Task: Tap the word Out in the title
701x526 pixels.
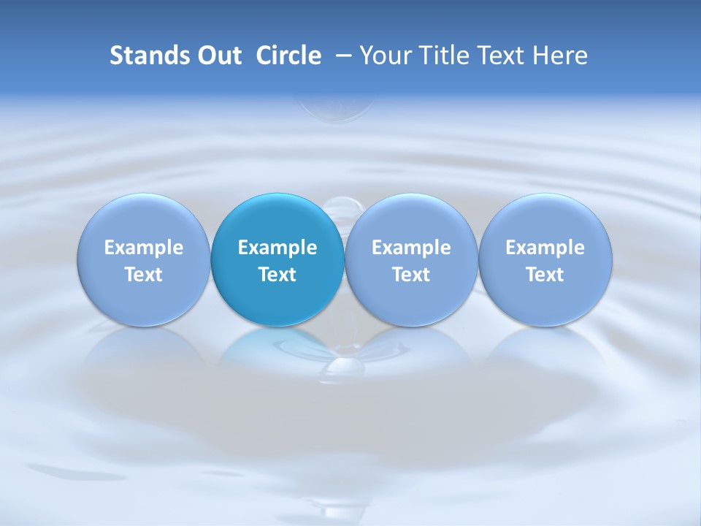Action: click(x=218, y=56)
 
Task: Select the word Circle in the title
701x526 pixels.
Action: click(x=288, y=56)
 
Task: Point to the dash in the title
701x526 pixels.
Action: click(x=341, y=56)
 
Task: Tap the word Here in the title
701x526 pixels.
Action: click(x=560, y=56)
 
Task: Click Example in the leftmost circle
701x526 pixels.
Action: click(x=143, y=248)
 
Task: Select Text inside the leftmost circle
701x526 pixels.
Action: click(x=143, y=275)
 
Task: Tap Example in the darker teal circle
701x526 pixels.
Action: click(x=277, y=248)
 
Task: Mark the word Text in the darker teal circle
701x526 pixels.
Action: click(x=277, y=275)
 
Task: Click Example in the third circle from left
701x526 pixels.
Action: click(x=411, y=248)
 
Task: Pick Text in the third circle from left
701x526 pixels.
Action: click(x=411, y=275)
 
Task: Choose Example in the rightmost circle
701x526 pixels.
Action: click(x=545, y=248)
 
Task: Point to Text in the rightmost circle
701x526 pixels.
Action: click(x=545, y=275)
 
